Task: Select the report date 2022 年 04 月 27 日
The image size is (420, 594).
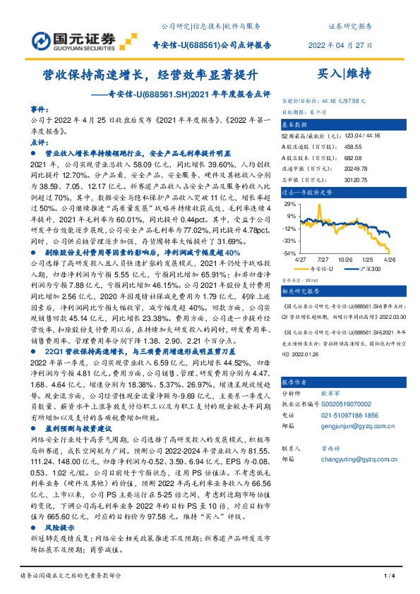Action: click(x=340, y=44)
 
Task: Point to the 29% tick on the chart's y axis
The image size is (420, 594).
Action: click(x=289, y=203)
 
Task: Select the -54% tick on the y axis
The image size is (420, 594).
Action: click(x=289, y=253)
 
